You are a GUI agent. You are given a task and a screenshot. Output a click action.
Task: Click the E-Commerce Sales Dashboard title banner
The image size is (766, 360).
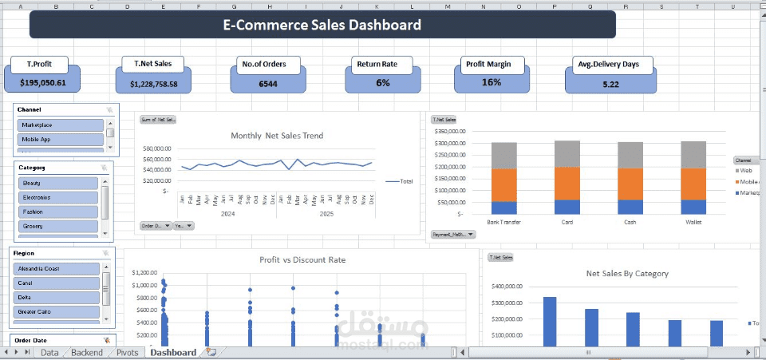coord(322,25)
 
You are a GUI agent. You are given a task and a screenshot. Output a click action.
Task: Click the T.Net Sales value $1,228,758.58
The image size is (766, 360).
coord(153,83)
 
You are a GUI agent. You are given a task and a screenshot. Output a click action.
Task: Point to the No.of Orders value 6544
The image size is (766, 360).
coord(268,83)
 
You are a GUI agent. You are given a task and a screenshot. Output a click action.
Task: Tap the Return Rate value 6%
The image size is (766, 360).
coord(383,83)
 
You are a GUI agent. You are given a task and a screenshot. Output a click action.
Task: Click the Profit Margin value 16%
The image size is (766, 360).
coord(492,82)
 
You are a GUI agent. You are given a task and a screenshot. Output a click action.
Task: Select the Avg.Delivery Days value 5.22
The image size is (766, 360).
coord(610,84)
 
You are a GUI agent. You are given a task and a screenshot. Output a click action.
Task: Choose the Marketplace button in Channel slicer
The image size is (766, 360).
coord(61,125)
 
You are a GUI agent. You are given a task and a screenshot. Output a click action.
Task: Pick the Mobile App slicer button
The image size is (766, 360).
coord(61,139)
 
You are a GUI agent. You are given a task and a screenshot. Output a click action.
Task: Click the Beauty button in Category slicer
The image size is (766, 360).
coord(58,183)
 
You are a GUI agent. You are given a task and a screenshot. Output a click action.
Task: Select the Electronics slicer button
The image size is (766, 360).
coord(58,197)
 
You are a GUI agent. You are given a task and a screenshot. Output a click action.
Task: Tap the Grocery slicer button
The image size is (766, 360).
coord(58,227)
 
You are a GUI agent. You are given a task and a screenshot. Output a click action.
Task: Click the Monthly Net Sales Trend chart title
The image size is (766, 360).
coord(277,136)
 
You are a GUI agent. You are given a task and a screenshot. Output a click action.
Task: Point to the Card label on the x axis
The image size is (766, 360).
coord(567,222)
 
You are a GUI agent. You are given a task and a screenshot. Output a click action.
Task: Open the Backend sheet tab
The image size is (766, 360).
coord(86,352)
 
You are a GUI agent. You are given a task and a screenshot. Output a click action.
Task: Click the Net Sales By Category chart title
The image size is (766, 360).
coord(627,273)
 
